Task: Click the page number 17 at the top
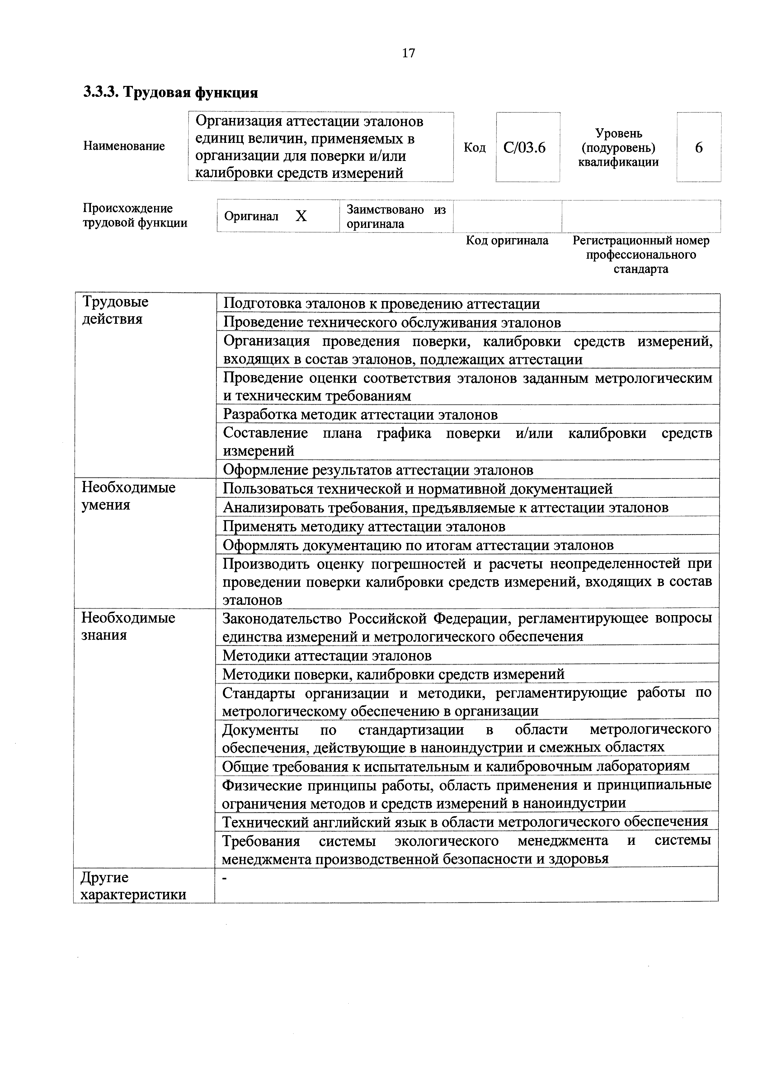408,53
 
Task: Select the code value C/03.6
525,148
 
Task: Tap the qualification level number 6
698,148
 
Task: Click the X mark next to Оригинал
301,216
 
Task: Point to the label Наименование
124,146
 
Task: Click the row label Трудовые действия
115,310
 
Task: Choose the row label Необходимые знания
129,626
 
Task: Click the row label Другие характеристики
133,886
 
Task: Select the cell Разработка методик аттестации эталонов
360,415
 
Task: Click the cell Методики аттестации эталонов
327,655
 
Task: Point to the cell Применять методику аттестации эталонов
364,526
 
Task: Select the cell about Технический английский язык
465,821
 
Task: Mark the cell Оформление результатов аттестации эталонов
378,470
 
